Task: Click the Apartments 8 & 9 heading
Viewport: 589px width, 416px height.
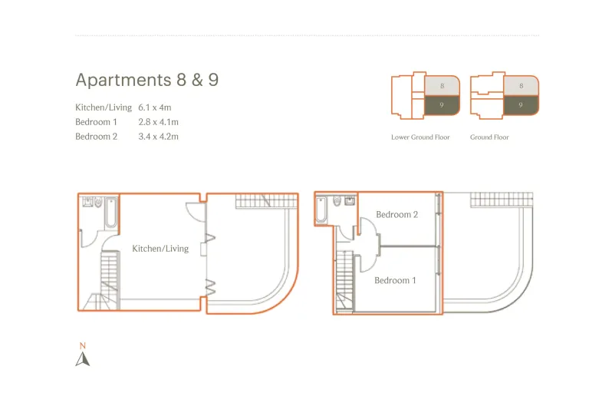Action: pos(147,80)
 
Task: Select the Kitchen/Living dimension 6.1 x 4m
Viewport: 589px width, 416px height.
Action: pos(154,107)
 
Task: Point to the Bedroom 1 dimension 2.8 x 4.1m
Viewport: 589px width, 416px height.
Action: pos(158,122)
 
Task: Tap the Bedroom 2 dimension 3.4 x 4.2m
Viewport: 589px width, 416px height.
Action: pos(158,137)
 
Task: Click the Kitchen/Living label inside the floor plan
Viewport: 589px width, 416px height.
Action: pos(160,249)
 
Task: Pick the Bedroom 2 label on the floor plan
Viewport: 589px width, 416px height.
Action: pos(397,215)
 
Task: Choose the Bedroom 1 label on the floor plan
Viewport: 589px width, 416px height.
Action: pos(395,280)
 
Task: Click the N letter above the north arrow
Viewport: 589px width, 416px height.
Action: pos(83,345)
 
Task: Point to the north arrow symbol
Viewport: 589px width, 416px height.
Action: pos(83,359)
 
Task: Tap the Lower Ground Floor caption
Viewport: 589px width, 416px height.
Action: pos(420,137)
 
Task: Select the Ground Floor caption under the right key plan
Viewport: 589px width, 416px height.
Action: pos(489,137)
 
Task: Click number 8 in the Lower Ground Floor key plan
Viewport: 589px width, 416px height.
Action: pos(442,86)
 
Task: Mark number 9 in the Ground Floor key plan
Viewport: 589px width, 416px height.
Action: pos(521,105)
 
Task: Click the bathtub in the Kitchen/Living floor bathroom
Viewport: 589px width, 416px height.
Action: pos(111,213)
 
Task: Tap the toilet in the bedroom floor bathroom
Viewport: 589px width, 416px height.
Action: pos(337,201)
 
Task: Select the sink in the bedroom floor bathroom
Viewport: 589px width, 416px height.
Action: pos(350,200)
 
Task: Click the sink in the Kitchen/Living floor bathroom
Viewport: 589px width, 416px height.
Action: pos(88,203)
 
